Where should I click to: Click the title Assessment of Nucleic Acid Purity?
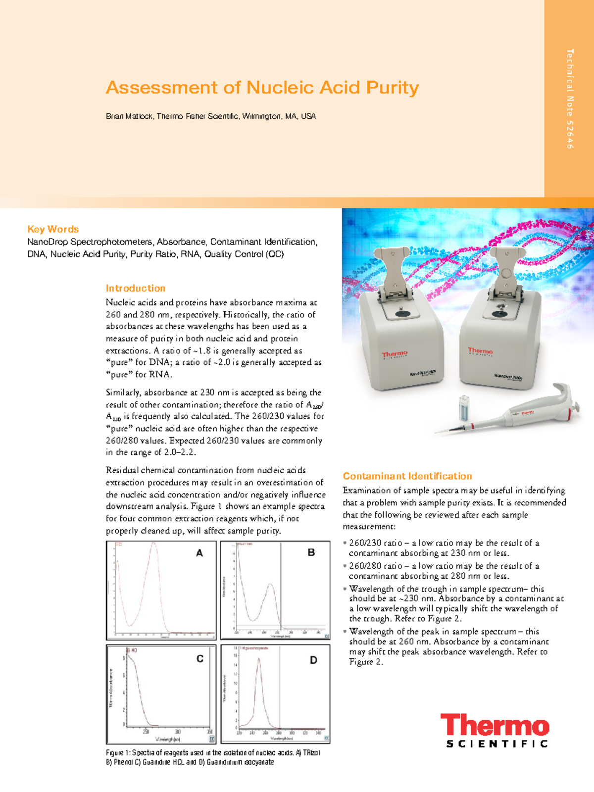click(262, 88)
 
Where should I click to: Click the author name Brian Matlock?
click(129, 116)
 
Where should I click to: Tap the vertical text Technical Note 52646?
click(570, 99)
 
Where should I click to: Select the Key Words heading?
click(53, 229)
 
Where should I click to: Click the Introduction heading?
click(135, 288)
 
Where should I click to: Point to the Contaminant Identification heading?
click(407, 476)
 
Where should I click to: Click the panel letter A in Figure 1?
click(199, 553)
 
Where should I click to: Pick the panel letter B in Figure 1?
click(311, 552)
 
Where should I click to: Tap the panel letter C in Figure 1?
click(200, 659)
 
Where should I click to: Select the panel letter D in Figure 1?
click(313, 660)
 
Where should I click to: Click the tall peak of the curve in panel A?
click(154, 544)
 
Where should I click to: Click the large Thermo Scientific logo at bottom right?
click(495, 730)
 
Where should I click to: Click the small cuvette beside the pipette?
click(464, 407)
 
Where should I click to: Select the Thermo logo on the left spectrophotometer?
click(395, 354)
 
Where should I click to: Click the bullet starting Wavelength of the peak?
click(448, 646)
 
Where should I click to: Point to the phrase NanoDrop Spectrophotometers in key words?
click(90, 242)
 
